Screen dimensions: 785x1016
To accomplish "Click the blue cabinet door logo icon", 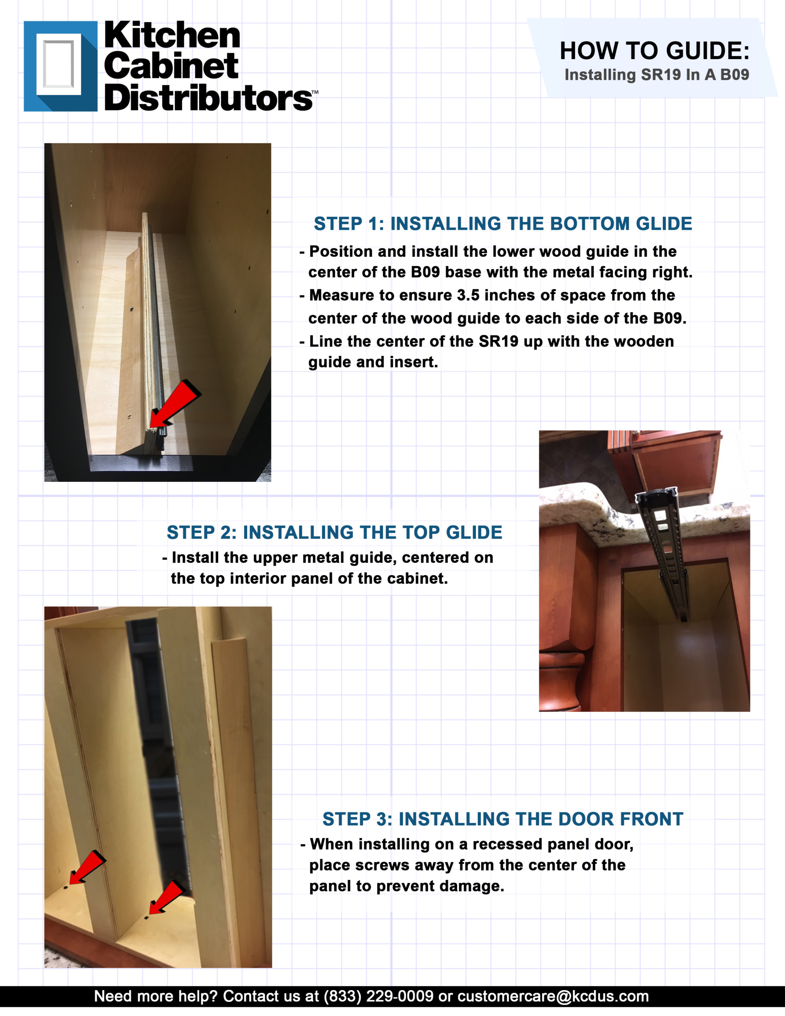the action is (x=60, y=66).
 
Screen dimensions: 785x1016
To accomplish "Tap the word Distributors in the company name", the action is (x=209, y=98).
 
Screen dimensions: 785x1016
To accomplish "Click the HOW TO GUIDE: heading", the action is (x=655, y=50).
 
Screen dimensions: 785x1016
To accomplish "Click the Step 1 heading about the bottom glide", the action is (x=503, y=224).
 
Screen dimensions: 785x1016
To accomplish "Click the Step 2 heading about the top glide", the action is (x=335, y=532).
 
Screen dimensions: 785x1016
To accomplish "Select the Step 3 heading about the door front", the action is (x=503, y=819).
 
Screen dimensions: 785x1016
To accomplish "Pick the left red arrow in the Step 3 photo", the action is (x=87, y=867).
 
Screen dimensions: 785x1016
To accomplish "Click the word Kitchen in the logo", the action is (x=172, y=35).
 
